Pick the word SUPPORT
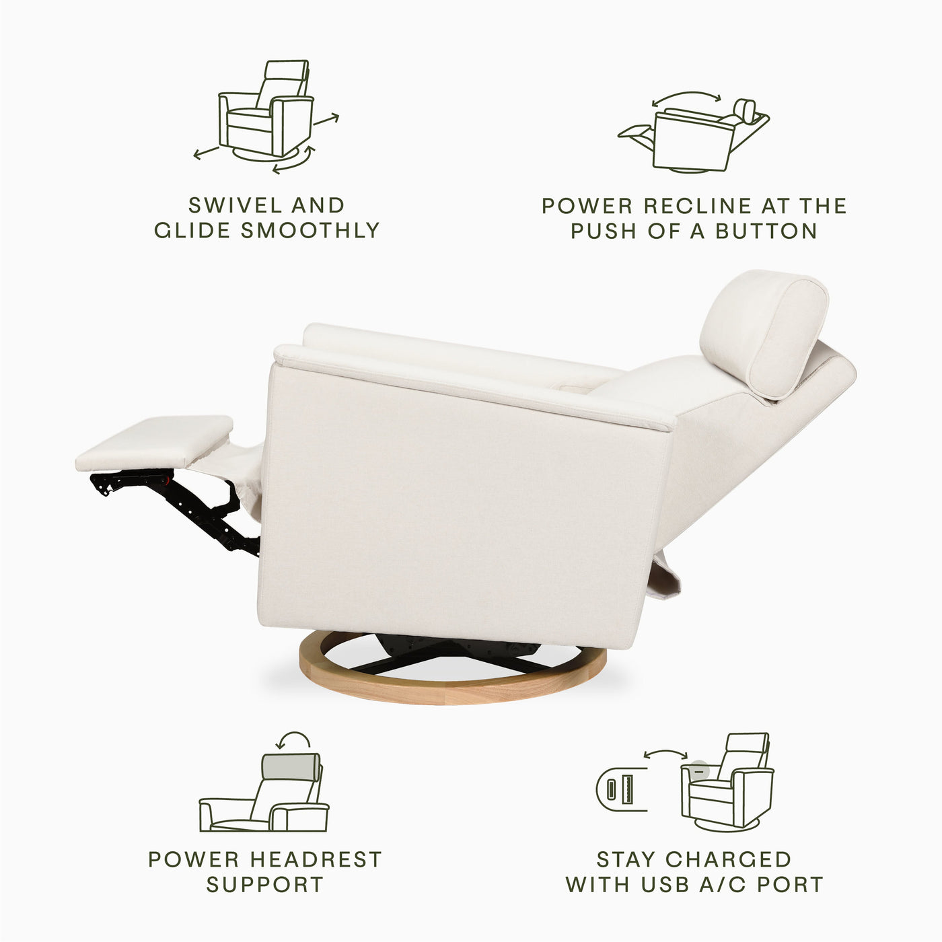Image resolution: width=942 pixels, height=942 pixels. coord(264,884)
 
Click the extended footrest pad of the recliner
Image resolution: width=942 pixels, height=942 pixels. coord(155,441)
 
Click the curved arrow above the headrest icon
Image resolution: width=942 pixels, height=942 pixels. coord(294,741)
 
